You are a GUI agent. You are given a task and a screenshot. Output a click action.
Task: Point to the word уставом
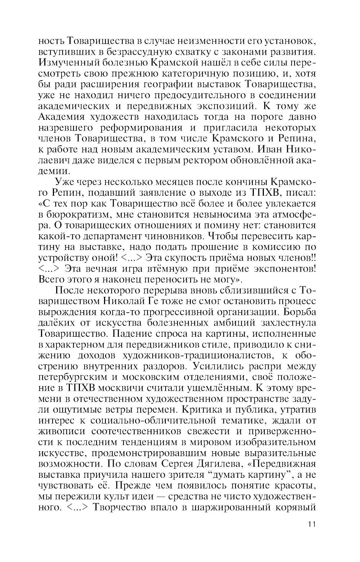[x=242, y=148]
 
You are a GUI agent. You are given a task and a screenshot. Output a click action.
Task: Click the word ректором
[x=210, y=159]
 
